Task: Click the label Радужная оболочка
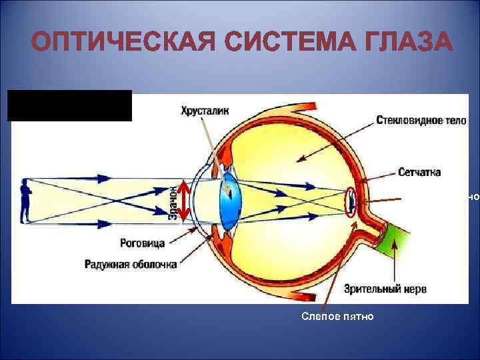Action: coord(131,264)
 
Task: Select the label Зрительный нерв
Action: coord(386,289)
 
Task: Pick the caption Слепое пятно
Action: coord(337,315)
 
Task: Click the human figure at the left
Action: coord(25,201)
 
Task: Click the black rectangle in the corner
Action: coord(70,106)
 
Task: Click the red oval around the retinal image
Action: coord(350,201)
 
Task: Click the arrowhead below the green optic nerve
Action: coord(395,245)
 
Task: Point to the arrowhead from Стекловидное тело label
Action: coord(299,160)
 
